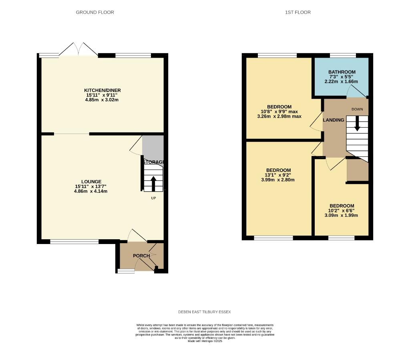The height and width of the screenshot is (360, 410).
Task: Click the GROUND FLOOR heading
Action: [95, 12]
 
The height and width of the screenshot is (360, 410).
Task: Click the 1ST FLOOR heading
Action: [298, 12]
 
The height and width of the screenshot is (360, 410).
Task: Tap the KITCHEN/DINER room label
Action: [102, 90]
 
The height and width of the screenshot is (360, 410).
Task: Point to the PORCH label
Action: [141, 256]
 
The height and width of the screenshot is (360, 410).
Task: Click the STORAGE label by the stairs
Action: [154, 162]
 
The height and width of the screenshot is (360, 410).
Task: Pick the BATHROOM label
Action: [341, 72]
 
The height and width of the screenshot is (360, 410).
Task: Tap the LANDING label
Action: [334, 120]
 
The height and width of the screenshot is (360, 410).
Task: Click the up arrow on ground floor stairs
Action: [153, 184]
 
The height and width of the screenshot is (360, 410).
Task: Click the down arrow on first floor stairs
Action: [357, 123]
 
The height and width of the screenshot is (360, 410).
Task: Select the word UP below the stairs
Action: [153, 198]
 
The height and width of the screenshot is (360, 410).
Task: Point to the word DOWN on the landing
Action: [357, 109]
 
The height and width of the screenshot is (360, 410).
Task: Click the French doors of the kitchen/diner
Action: [78, 50]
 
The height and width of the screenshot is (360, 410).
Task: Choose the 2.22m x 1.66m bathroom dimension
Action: [341, 82]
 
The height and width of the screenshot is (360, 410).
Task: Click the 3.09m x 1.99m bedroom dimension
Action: [342, 215]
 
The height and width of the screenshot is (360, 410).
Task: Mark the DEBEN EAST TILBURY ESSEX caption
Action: [205, 312]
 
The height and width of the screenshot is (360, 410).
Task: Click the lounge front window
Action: [74, 241]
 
